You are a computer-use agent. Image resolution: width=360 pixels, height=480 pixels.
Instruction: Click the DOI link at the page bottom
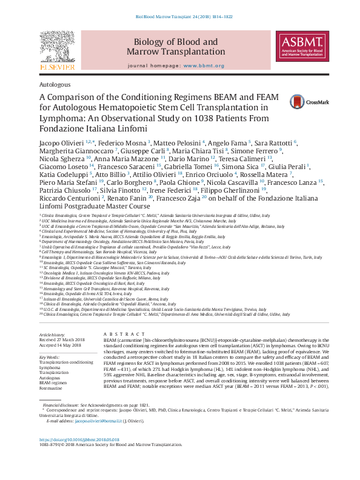(x=79, y=456)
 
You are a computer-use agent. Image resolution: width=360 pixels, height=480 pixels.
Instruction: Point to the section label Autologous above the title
(x=55, y=85)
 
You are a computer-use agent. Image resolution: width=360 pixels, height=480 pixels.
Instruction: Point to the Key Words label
(x=51, y=358)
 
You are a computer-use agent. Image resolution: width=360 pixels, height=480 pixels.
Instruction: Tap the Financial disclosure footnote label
(x=62, y=420)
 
